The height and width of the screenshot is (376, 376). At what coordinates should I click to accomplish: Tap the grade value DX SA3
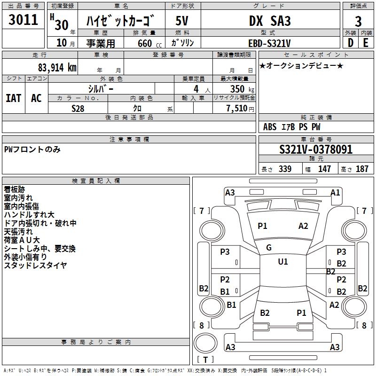pos(269,21)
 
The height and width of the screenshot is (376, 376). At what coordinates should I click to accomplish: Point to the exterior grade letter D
pos(350,43)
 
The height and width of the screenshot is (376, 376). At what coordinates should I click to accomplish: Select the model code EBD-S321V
pos(269,43)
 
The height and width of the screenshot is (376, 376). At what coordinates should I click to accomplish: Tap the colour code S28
pos(78,109)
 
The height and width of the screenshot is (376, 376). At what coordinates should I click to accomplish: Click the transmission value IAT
pos(13,98)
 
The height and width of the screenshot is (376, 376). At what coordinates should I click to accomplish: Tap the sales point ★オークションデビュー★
pos(301,65)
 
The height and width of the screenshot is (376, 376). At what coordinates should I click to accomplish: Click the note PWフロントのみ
pos(32,149)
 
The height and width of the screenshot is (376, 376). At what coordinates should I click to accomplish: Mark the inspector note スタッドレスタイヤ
pos(35,266)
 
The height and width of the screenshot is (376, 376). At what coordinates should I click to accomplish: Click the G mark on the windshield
pos(269,247)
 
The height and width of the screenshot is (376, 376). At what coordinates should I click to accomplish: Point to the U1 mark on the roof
pos(282,261)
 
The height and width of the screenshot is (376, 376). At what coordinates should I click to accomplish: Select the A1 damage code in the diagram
pos(335,192)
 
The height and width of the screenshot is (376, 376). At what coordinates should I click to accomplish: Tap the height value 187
pos(362,169)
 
